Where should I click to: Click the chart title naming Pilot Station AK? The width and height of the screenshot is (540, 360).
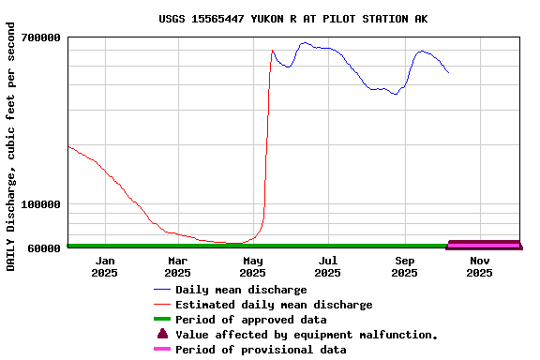pos(292,18)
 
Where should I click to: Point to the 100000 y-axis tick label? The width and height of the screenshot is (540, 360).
pos(40,204)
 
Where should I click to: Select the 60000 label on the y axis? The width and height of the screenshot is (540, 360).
pos(43,247)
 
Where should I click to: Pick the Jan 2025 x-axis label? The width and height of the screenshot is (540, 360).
pos(105,266)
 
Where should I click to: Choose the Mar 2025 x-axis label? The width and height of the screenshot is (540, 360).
pos(178,266)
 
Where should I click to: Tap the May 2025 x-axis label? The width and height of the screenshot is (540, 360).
pos(253,266)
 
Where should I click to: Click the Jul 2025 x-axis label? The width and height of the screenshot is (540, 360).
pos(328,266)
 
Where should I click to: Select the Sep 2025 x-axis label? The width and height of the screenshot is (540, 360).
pos(404,266)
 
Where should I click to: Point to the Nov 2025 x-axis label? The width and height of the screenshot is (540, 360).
pos(479,266)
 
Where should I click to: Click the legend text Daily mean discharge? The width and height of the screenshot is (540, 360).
pos(241,290)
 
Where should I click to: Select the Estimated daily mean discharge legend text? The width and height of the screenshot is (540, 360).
pos(274,305)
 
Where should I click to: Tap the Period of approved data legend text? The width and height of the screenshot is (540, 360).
pos(250,320)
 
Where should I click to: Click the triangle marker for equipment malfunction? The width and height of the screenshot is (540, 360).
pos(162,334)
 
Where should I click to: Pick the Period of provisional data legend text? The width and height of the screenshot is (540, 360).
pos(261,350)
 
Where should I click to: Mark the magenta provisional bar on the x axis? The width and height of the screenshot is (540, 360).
pos(484,245)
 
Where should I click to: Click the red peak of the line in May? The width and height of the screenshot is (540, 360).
pos(272,51)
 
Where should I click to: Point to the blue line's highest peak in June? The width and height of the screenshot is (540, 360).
pos(305,42)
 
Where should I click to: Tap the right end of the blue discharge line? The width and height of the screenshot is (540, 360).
pos(448,72)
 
